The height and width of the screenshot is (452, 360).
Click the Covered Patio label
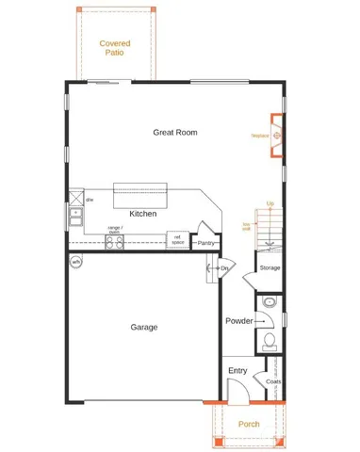coord(115,48)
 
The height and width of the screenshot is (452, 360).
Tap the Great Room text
coord(175,133)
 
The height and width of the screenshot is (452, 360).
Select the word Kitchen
coord(143,214)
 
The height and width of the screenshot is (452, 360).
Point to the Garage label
coord(143,327)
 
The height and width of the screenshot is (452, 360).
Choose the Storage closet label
coord(270,268)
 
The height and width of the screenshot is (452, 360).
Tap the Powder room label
coord(238,321)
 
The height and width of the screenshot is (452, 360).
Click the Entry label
coord(237,370)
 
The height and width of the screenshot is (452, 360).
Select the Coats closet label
coord(273,381)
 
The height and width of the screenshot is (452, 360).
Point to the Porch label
coord(249,425)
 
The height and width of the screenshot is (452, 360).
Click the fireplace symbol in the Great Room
coord(277,135)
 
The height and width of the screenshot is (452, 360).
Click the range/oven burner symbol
coord(114,241)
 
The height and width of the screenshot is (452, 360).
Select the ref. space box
coord(178,241)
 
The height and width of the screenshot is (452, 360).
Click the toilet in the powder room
coord(269,341)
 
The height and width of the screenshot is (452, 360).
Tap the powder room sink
coord(270,303)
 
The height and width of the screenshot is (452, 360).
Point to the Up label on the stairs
coord(270,204)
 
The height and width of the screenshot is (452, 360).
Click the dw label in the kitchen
coord(90,200)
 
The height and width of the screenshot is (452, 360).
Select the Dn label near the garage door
coord(224,268)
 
